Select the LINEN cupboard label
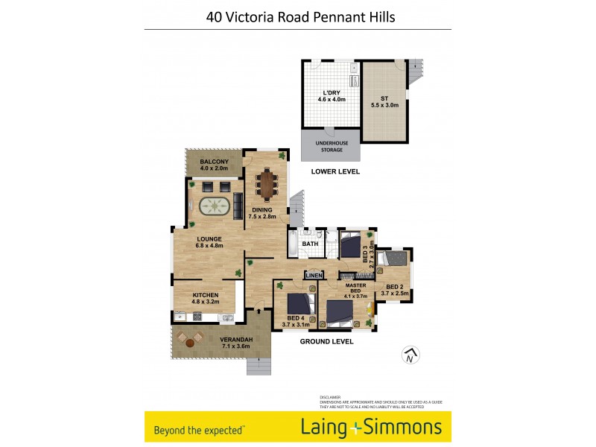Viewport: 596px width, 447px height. point(314,276)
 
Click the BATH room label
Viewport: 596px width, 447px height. point(310,244)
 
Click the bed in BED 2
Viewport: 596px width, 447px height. point(393,259)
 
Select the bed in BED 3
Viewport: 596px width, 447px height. point(349,243)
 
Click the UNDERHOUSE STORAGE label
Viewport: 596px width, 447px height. point(330,146)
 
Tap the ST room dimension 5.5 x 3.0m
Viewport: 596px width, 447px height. point(385,105)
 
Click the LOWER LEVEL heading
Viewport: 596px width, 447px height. point(335,171)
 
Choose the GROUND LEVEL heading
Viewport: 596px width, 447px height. point(326,341)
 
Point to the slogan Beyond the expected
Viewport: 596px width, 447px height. point(198,429)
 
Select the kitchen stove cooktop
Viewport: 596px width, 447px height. point(197,317)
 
